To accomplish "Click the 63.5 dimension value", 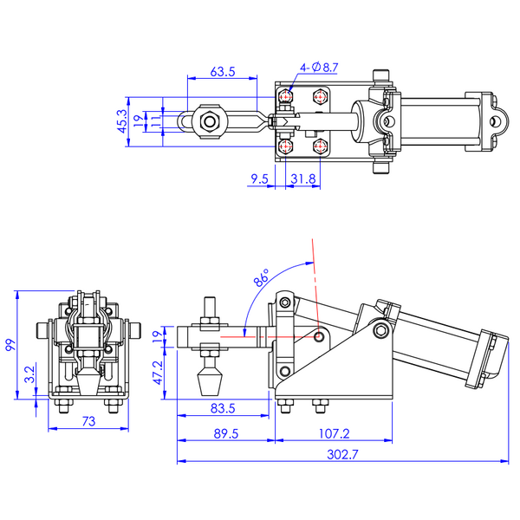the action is pos(223,72).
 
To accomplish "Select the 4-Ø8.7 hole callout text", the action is pos(319,68).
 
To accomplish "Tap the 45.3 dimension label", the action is pos(122,121).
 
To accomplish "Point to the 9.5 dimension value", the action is pos(259,179).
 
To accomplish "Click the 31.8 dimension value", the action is pos(303,179).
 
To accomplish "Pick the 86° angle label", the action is pos(262,278).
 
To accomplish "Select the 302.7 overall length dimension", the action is pos(342,454).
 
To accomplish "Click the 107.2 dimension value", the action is pos(334,434).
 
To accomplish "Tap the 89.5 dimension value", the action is pos(226,434).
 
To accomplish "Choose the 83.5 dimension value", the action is pos(223,408).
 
